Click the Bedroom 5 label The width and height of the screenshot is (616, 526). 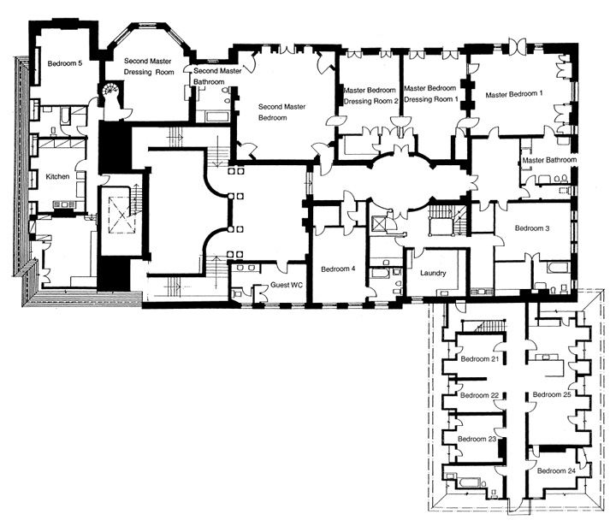(x=65, y=62)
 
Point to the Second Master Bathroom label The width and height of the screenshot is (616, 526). (x=216, y=76)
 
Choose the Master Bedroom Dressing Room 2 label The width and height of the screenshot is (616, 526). (x=371, y=95)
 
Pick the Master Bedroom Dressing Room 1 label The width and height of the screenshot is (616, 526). (x=431, y=94)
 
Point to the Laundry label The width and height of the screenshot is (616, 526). (x=435, y=273)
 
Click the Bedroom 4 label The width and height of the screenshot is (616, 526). (x=338, y=269)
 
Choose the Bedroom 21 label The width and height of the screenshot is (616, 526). (x=479, y=359)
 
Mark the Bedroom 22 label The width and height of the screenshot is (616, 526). (x=479, y=395)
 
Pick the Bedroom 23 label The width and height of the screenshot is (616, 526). (x=477, y=439)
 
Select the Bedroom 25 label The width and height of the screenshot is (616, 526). (x=552, y=394)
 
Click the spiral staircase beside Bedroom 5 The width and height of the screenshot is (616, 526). (x=110, y=92)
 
